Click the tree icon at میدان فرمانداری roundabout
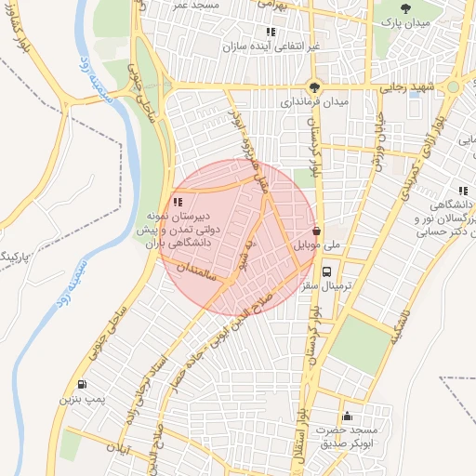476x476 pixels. [x=317, y=85]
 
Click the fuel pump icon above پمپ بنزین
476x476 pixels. [x=83, y=385]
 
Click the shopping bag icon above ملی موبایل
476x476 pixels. [x=317, y=231]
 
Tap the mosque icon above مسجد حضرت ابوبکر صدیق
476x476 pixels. [x=347, y=416]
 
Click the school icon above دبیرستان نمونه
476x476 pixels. [x=178, y=202]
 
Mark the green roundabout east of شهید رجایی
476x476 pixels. [x=453, y=87]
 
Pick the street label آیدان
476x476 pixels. [x=141, y=455]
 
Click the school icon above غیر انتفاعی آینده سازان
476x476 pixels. [x=271, y=32]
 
